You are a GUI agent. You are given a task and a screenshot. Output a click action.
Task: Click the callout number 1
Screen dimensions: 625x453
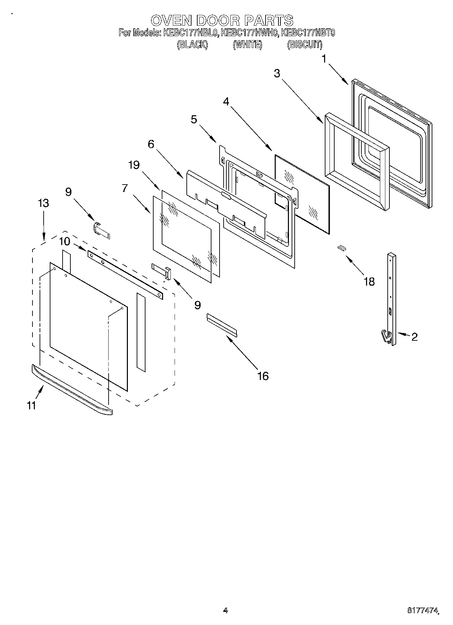point(324,59)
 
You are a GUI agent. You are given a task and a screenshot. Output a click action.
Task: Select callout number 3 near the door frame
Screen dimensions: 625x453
point(277,74)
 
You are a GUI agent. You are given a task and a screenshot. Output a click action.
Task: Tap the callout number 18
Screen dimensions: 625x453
point(369,281)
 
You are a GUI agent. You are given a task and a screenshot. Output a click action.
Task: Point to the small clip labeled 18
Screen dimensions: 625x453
point(341,248)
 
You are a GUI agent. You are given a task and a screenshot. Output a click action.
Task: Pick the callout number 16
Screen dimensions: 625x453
point(263,376)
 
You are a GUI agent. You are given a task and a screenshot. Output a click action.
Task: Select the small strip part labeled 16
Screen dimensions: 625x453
point(222,325)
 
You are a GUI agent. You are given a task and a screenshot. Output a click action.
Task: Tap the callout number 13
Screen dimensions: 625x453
point(44,203)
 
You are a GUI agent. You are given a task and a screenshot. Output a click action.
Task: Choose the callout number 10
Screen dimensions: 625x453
point(65,241)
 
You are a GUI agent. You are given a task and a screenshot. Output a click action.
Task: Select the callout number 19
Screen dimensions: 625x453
point(134,165)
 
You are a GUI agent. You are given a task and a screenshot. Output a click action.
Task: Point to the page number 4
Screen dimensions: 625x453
point(226,610)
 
